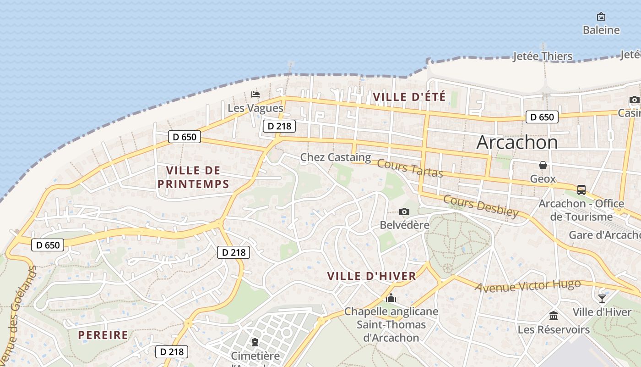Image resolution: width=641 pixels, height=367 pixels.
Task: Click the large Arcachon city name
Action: pyautogui.click(x=517, y=142)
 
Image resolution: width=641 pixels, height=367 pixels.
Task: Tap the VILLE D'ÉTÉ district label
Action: pyautogui.click(x=409, y=97)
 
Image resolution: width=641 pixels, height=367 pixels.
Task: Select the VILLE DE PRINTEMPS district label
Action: pyautogui.click(x=193, y=177)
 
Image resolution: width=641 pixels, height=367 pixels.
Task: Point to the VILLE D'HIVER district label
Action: pyautogui.click(x=372, y=276)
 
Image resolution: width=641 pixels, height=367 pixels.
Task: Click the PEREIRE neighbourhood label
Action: pyautogui.click(x=103, y=335)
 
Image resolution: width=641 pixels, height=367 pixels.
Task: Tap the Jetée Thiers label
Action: pyautogui.click(x=543, y=56)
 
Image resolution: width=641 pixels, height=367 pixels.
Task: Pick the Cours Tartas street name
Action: pyautogui.click(x=410, y=169)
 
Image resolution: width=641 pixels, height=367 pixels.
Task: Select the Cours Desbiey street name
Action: pyautogui.click(x=481, y=206)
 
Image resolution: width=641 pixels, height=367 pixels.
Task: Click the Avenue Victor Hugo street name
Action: pyautogui.click(x=527, y=286)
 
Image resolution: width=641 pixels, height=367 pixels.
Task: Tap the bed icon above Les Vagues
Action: pyautogui.click(x=255, y=95)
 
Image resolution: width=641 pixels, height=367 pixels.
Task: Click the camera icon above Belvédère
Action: pyautogui.click(x=404, y=211)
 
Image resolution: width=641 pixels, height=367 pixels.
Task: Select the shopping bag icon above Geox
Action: pyautogui.click(x=543, y=165)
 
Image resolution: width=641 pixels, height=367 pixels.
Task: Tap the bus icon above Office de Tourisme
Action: pyautogui.click(x=581, y=189)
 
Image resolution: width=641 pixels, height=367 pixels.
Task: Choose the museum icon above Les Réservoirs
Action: pyautogui.click(x=554, y=316)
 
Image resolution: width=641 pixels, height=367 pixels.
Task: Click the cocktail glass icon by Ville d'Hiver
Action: pyautogui.click(x=602, y=299)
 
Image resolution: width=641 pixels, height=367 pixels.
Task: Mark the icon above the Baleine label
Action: pyautogui.click(x=601, y=17)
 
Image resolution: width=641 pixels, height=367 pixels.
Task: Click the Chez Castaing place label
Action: pyautogui.click(x=336, y=157)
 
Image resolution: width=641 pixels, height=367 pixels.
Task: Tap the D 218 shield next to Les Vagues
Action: pyautogui.click(x=279, y=126)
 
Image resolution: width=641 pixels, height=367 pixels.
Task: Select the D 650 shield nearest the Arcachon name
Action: pyautogui.click(x=542, y=117)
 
